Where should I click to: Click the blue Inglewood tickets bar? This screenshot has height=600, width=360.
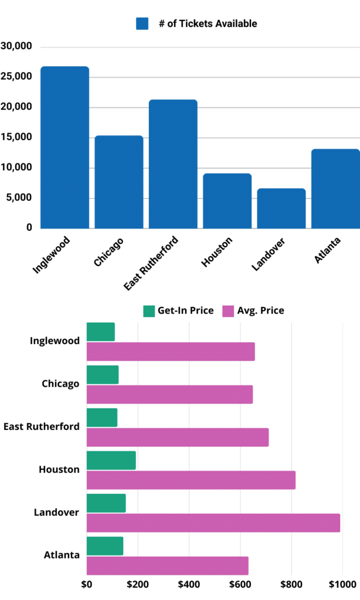pos(64,147)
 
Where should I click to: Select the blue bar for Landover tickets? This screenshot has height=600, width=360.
pos(281,208)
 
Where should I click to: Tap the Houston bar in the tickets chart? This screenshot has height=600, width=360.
pos(227,200)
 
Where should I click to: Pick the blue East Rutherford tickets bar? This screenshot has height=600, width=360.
pos(173,163)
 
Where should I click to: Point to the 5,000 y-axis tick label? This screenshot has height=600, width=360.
pos(20,198)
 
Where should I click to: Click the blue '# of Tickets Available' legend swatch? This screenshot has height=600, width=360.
pos(142,23)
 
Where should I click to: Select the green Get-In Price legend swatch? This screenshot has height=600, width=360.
pos(148,311)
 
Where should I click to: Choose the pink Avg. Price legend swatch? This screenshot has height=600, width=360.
pos(227,311)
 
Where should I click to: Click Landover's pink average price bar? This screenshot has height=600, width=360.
pos(213,523)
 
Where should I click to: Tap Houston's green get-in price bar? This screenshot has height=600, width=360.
pos(111,461)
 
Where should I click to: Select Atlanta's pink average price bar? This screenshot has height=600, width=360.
pos(167,565)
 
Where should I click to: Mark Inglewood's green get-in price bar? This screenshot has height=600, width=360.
pos(100,332)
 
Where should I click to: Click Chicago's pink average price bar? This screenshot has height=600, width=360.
pos(169,394)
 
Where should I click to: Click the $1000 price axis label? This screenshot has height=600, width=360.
pos(342,584)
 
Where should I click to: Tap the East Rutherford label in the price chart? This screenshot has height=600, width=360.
pos(42,427)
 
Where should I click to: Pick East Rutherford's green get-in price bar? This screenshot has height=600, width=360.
pos(101,417)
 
